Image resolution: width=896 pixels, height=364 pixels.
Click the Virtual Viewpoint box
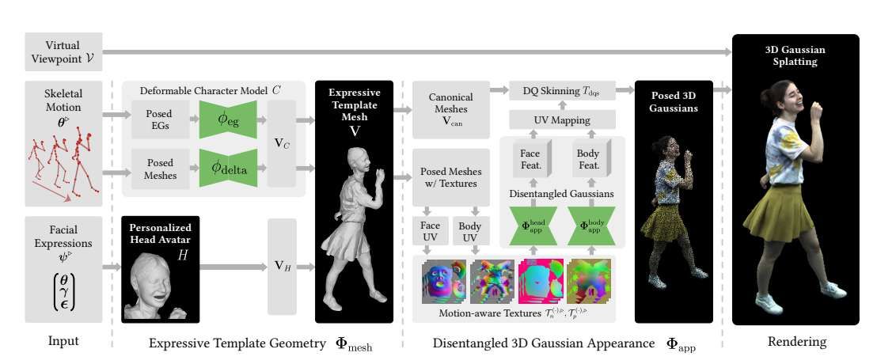coord(63,51)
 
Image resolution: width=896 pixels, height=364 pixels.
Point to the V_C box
coord(282,143)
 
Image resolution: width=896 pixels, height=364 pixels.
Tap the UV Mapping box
coord(560,119)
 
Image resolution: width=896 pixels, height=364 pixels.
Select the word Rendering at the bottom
coord(796,343)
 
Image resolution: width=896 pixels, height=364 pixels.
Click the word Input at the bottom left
coord(63,343)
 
